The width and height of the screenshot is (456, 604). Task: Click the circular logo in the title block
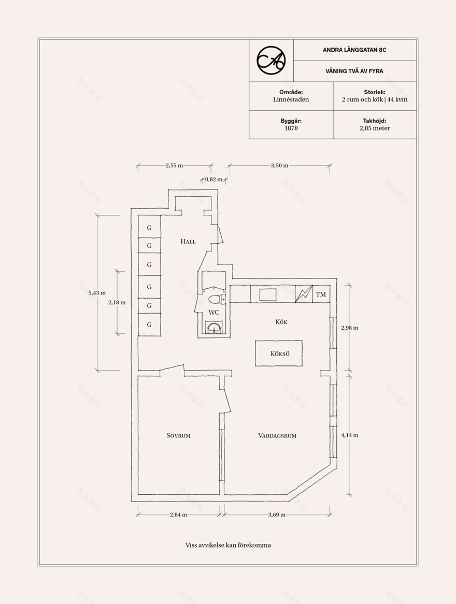271,60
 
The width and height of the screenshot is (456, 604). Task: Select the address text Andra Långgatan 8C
354,50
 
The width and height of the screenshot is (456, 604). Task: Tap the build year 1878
291,128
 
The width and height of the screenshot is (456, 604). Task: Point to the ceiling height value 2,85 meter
375,128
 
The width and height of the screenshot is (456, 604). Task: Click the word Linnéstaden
291,99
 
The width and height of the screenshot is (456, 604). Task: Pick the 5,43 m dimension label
97,293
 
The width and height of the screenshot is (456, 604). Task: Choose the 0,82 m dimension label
213,179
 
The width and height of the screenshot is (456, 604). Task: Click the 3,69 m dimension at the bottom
277,514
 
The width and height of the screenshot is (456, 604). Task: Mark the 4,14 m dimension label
350,435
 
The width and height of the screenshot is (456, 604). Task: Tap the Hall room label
188,242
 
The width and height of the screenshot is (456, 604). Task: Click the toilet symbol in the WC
216,299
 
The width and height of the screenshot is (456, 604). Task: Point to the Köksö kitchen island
279,353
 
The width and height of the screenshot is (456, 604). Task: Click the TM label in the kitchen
321,294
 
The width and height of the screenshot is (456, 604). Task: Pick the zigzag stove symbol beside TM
304,294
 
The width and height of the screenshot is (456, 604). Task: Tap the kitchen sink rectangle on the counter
268,294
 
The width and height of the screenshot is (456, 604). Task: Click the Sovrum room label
179,436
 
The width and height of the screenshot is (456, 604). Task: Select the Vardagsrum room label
277,436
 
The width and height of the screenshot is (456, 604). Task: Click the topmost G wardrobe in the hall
149,227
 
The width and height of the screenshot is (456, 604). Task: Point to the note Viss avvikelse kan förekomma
228,545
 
